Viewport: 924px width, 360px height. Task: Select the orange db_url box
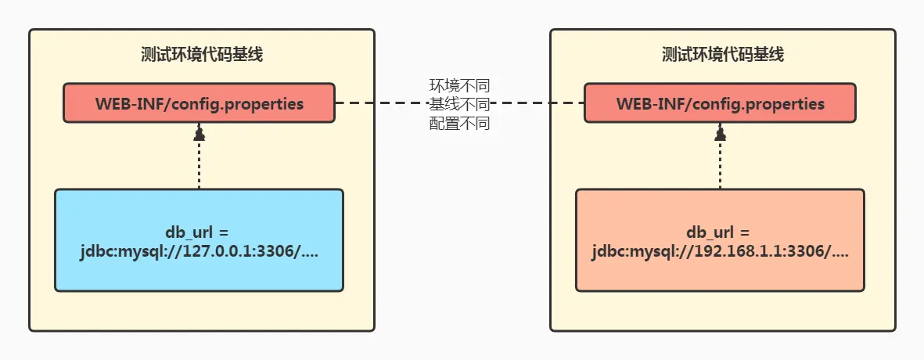click(x=720, y=270)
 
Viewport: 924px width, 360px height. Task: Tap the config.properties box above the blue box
click(x=199, y=103)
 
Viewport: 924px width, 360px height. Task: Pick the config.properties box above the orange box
click(x=720, y=103)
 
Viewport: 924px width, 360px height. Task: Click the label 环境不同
click(x=459, y=85)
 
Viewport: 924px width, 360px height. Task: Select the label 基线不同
click(x=459, y=103)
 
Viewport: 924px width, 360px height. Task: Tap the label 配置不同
click(x=459, y=123)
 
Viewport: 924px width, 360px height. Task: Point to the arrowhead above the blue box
click(x=199, y=135)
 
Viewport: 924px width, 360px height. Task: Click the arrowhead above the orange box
click(x=720, y=135)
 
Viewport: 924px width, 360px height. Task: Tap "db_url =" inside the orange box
click(x=718, y=232)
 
